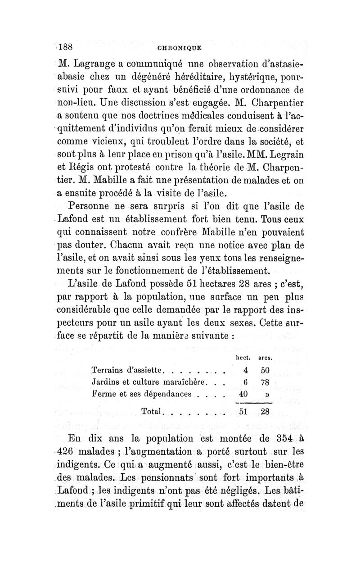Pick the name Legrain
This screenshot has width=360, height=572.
pos(283,169)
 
